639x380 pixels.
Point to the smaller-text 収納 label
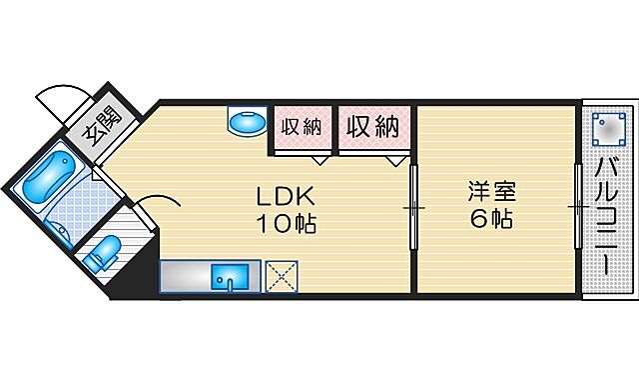(299, 127)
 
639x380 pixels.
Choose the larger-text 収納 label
(372, 127)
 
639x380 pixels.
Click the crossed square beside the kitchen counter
(281, 277)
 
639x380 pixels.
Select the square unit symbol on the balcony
(605, 127)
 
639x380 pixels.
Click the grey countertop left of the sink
(184, 277)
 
